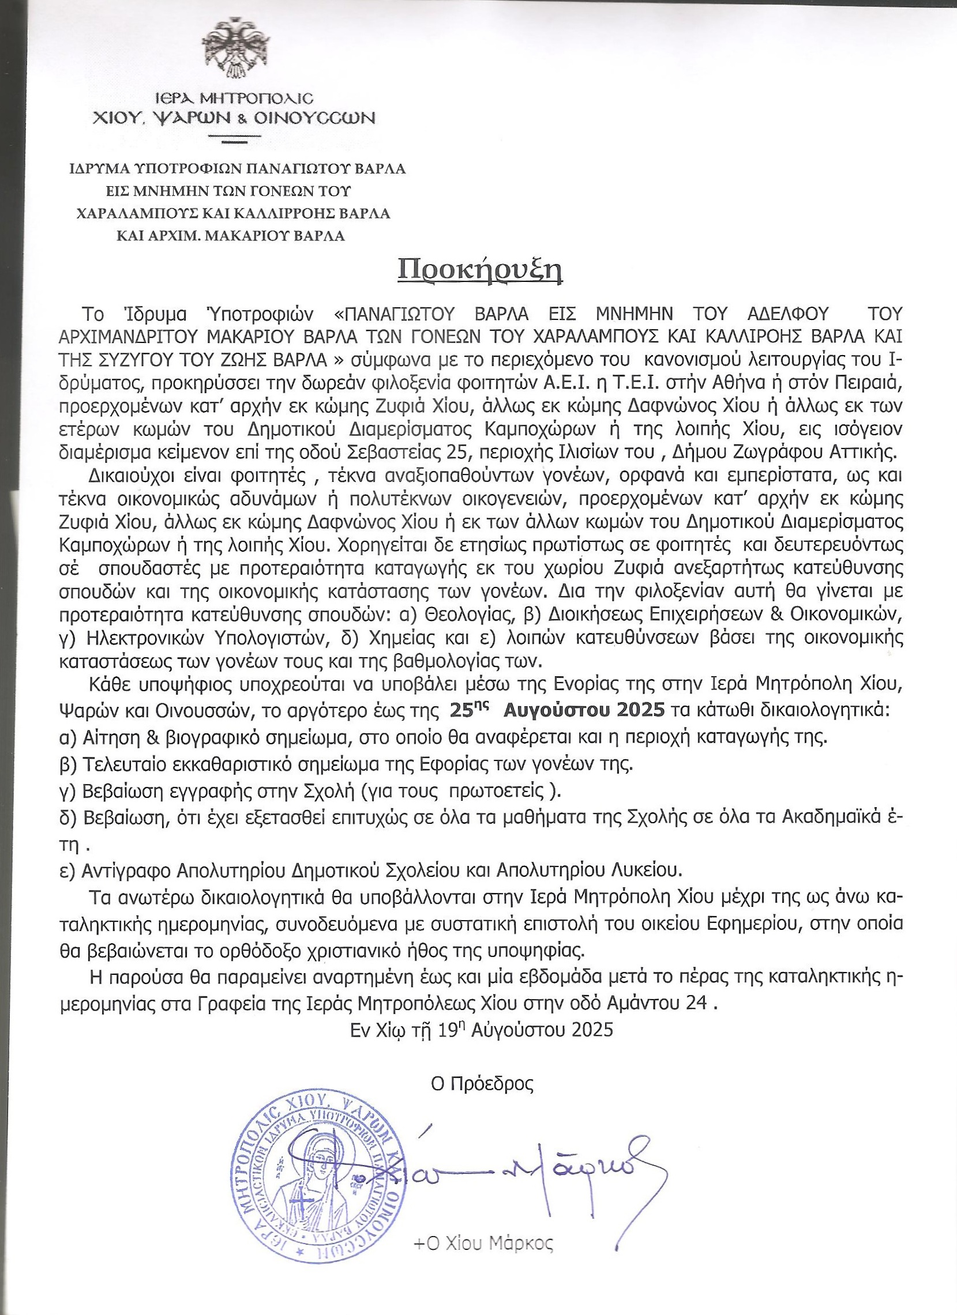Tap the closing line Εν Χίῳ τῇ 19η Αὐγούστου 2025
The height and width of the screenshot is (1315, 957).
point(481,1029)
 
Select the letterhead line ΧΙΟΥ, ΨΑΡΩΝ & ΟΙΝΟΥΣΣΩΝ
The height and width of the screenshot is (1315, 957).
point(234,118)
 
